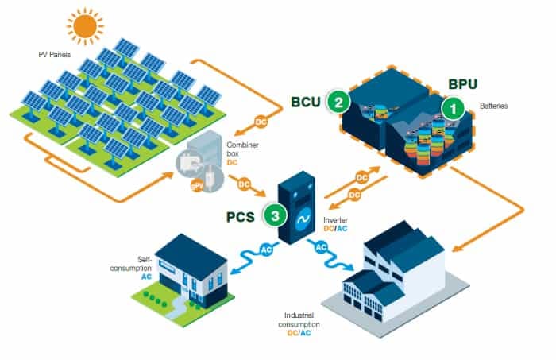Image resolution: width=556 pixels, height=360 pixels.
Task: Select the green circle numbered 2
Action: click(338, 102)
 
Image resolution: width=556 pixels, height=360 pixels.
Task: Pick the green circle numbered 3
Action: click(274, 214)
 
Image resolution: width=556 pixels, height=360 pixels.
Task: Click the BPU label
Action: click(464, 83)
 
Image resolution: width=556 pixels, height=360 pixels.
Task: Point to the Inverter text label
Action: click(338, 219)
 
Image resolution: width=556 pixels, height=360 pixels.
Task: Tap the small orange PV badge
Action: click(195, 187)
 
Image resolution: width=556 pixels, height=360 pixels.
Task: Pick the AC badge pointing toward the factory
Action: click(322, 248)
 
